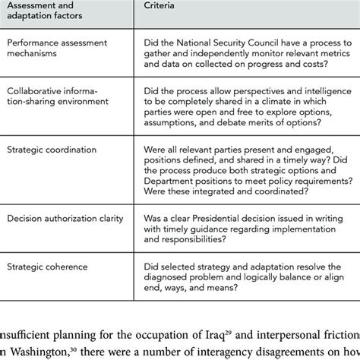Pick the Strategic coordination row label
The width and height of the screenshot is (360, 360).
pyautogui.click(x=45, y=152)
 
